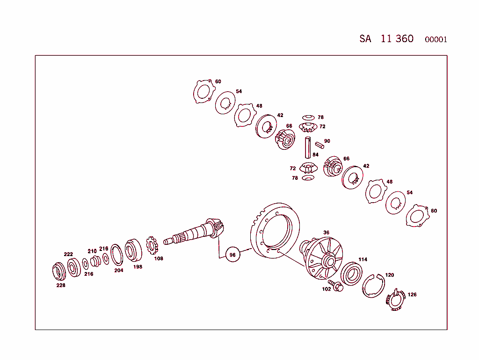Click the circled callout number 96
[x=232, y=254]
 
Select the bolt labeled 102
[x=336, y=285]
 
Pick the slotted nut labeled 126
[x=395, y=301]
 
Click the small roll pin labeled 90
[x=319, y=145]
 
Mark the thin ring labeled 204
[x=117, y=255]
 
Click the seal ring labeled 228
[x=58, y=272]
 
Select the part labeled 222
[x=73, y=267]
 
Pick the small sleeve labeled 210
[x=95, y=260]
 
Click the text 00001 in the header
[x=435, y=39]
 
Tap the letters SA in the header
[x=365, y=39]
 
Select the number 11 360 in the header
[x=397, y=38]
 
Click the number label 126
[x=412, y=295]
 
